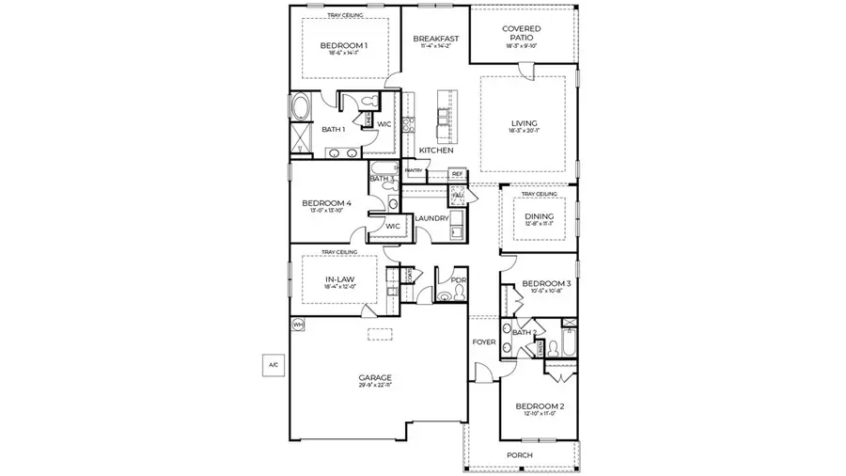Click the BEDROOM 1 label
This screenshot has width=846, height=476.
coord(343,45)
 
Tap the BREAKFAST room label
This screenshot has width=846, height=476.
coord(435,40)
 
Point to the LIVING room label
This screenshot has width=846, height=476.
coord(524,123)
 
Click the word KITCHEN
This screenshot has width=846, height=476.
coord(436,151)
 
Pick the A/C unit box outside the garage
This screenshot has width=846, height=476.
coord(274,363)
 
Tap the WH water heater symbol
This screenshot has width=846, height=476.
coord(299,325)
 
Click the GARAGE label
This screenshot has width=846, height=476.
coord(375,377)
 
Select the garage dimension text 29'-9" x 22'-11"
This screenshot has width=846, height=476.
coord(375,386)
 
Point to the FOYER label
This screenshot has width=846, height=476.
coord(483,342)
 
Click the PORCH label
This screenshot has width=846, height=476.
coord(519,455)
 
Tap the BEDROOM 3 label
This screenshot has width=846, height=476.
coord(546,283)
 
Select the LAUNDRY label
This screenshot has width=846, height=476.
coord(431,218)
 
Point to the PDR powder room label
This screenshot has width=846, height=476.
coord(459,279)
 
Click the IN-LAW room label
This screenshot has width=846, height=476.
coord(339,279)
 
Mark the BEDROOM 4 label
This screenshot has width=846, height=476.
coord(326,203)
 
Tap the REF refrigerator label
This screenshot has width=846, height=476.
coord(457,174)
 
